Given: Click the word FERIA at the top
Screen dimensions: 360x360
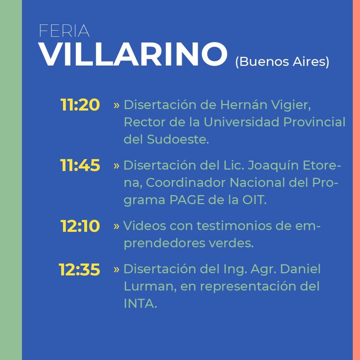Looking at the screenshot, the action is click(64, 31).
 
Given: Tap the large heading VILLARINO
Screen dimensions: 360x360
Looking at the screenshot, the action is click(133, 54).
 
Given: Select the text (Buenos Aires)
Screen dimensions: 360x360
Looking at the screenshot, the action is click(282, 62).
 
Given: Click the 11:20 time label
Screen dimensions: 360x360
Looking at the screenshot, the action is click(80, 105).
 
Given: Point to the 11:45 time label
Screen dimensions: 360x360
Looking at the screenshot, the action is click(80, 165).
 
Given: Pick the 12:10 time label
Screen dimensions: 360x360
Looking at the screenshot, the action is click(80, 226).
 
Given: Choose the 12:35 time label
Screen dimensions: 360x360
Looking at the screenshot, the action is click(80, 269).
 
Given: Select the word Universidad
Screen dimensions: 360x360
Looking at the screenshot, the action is click(242, 122).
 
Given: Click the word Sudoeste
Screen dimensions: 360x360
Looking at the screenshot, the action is click(178, 139).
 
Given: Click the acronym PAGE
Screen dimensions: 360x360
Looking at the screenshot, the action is click(187, 200).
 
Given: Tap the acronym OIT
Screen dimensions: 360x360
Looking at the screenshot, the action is click(255, 200).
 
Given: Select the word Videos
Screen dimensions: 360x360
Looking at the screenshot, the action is click(145, 226).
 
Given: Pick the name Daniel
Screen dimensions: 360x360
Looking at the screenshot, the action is click(300, 269).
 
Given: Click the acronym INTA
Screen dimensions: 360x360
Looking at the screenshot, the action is click(140, 303).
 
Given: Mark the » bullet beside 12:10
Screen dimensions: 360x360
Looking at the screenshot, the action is click(116, 226).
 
